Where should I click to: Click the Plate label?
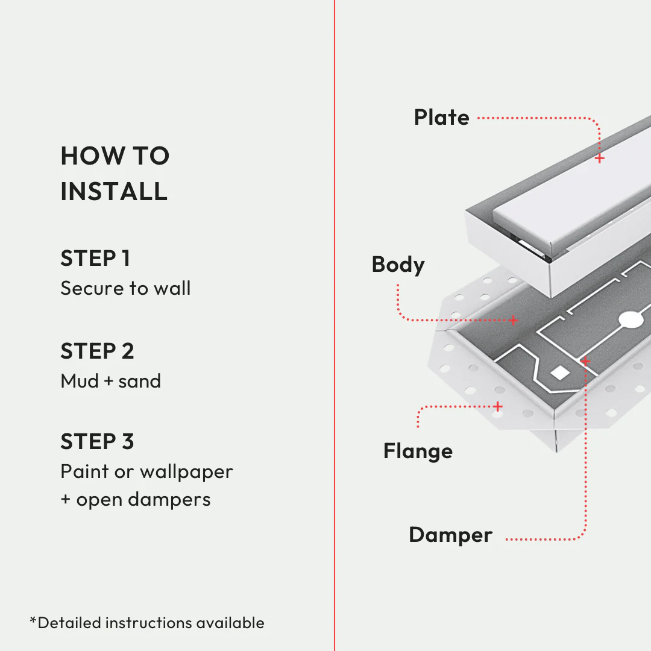click(x=441, y=118)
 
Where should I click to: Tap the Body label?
click(x=398, y=265)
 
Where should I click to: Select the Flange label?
click(x=418, y=451)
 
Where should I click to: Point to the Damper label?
click(x=450, y=535)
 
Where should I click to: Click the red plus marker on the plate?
click(x=600, y=159)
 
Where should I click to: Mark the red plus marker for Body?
click(x=514, y=320)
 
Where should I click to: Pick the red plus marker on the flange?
click(x=498, y=407)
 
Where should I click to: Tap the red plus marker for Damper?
click(x=585, y=361)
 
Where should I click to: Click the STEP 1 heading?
click(x=95, y=259)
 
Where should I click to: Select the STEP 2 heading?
click(x=97, y=351)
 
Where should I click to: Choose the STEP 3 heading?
click(x=97, y=442)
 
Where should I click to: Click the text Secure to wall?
click(x=125, y=289)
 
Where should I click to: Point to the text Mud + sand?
click(x=111, y=382)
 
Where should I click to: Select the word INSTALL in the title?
click(x=114, y=191)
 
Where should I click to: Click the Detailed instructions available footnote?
click(x=147, y=623)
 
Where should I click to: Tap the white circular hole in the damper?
click(x=632, y=319)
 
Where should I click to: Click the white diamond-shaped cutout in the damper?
click(x=561, y=373)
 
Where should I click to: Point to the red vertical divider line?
click(x=334, y=325)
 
